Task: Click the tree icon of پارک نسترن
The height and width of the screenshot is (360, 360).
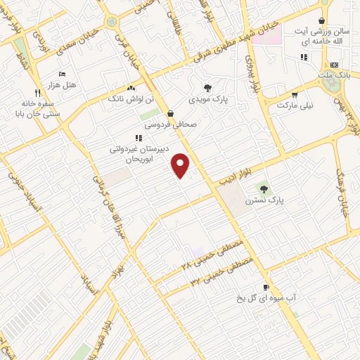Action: (264, 188)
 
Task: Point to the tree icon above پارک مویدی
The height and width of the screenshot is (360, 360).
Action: (207, 88)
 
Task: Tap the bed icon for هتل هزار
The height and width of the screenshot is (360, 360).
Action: (62, 74)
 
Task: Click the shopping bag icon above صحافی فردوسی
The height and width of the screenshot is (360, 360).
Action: (170, 112)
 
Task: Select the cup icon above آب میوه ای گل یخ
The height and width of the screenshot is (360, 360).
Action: (266, 287)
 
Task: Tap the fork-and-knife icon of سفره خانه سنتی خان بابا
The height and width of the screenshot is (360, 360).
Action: (37, 92)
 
